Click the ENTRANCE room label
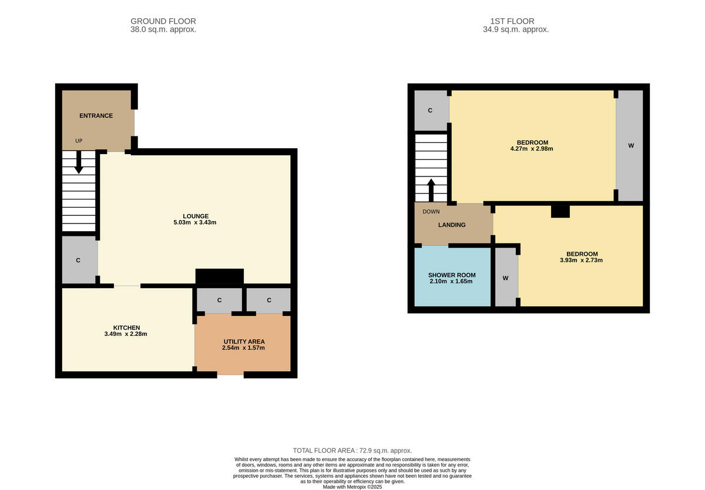(x=96, y=116)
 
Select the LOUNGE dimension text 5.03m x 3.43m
(x=195, y=222)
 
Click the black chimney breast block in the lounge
(x=219, y=276)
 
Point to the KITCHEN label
(x=126, y=328)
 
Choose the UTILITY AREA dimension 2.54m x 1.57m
(x=243, y=348)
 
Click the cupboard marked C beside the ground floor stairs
(x=78, y=260)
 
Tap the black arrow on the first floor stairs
(x=431, y=190)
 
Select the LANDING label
(x=452, y=225)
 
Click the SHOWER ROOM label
(x=452, y=275)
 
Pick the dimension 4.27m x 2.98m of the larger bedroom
(x=532, y=149)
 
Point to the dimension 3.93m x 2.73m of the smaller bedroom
(x=582, y=260)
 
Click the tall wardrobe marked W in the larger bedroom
(x=630, y=145)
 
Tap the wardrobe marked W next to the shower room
(x=505, y=278)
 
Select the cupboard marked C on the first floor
(x=430, y=111)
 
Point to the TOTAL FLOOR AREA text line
(x=352, y=450)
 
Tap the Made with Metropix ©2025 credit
(x=352, y=487)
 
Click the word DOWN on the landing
(x=431, y=211)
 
